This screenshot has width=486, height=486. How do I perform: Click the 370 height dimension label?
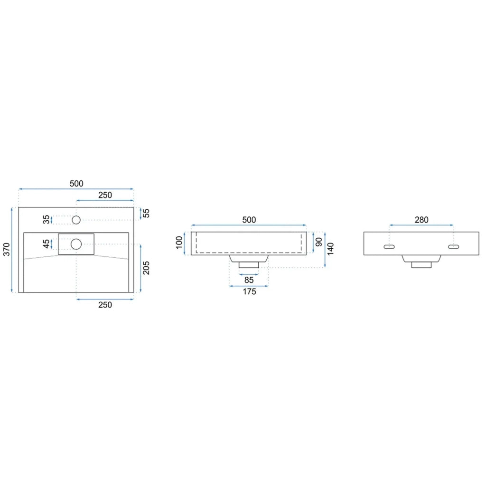7,250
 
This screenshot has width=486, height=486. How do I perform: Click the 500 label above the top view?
76,184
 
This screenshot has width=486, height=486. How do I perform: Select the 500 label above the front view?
249,220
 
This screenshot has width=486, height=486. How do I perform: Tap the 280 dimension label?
421,220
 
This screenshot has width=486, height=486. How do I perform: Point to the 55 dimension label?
146,213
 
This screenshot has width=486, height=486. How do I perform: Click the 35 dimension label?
46,219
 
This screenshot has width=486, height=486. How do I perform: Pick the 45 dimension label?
46,244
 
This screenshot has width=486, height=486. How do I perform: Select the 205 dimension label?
146,268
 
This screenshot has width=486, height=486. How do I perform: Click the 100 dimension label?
179,243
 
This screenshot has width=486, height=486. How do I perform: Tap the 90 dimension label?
318,242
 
